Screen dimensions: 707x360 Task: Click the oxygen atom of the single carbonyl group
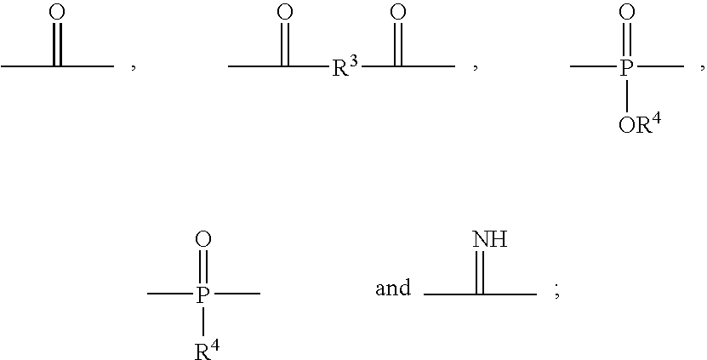pos(57,12)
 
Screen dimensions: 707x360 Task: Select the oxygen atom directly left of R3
pos(284,12)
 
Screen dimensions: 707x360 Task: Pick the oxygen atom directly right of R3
pos(397,12)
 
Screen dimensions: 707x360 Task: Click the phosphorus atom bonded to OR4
pos(626,69)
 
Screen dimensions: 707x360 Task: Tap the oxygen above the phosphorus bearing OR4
pos(627,12)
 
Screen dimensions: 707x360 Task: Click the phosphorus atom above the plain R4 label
pos(203,295)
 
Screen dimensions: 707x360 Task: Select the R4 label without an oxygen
pos(208,350)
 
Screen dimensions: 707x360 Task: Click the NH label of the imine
pos(490,239)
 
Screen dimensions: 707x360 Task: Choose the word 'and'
pos(393,288)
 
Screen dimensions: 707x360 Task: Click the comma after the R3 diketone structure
pos(476,68)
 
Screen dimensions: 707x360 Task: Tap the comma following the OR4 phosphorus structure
pos(703,68)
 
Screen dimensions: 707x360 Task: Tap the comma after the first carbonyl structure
pos(134,68)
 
